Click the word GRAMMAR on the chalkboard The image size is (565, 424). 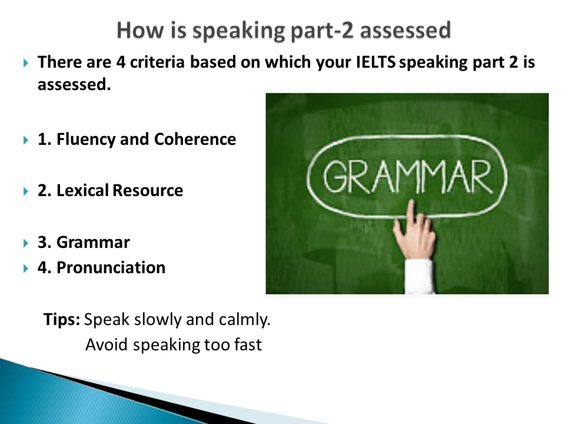coord(407,177)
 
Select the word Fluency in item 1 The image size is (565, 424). coord(86,140)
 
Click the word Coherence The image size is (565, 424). coord(195,139)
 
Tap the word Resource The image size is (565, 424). coord(148,190)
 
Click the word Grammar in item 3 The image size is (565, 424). coord(93,242)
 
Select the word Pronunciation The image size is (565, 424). coord(111,267)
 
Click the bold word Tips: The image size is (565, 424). coord(62,319)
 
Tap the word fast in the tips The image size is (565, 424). coord(248,344)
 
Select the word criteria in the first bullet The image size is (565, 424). coord(158,62)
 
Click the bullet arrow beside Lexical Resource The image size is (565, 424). coord(25,191)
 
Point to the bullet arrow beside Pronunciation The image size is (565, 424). coord(25,269)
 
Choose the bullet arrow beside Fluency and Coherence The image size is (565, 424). coord(25,140)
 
